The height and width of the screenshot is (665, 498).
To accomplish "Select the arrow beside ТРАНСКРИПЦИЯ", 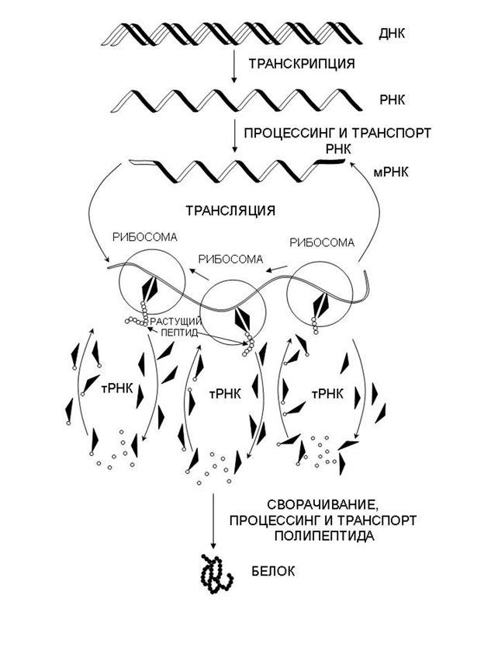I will (233, 66).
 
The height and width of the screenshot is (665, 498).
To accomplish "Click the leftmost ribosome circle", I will (152, 281).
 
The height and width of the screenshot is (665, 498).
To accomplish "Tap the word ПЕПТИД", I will (178, 332).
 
